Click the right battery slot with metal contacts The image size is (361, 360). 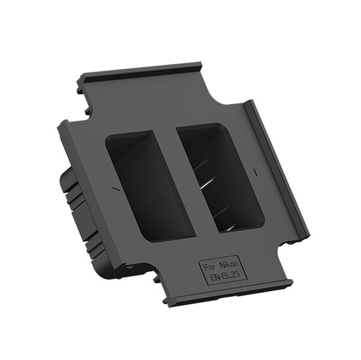click(220, 177)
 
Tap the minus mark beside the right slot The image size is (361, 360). click(256, 172)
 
